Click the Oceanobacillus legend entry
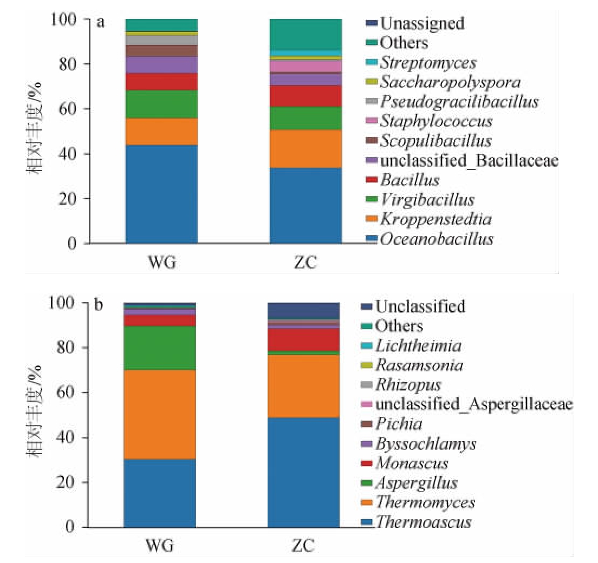(x=435, y=239)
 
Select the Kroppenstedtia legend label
(x=436, y=219)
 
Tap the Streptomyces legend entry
(x=428, y=62)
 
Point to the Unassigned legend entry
(x=422, y=23)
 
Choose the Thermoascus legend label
(x=424, y=522)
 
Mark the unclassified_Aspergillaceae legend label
(x=474, y=404)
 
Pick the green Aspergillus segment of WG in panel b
(x=160, y=348)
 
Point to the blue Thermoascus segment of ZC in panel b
(x=304, y=472)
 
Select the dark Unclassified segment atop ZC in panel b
(x=304, y=311)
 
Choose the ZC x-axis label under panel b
(x=303, y=545)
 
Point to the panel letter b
(x=100, y=305)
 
